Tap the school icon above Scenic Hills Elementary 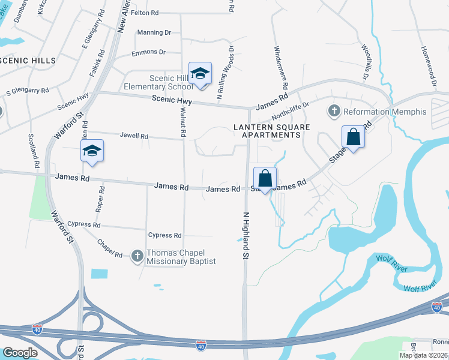coord(200,74)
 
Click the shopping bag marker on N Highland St coord(265,178)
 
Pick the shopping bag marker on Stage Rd coord(353,137)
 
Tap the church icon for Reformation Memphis coord(333,111)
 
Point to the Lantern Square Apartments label coord(267,131)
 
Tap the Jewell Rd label coord(134,136)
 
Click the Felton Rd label coord(145,12)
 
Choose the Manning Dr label coord(150,32)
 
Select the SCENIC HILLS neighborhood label coord(28,61)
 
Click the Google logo coord(19,352)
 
